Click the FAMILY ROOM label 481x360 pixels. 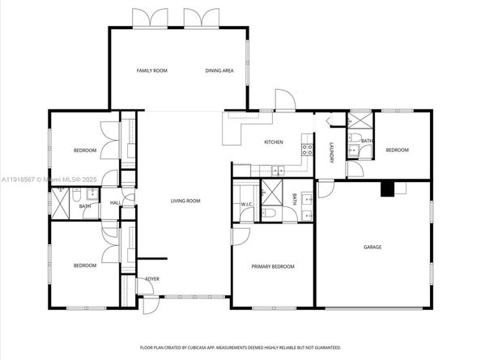(x=151, y=71)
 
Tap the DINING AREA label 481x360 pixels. (x=219, y=71)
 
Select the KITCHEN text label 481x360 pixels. (x=273, y=142)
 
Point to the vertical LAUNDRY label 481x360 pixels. (x=332, y=152)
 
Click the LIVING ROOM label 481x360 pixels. (x=185, y=201)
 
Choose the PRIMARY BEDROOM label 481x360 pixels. (x=272, y=266)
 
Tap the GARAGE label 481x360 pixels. (x=372, y=247)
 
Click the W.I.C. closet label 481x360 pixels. (x=247, y=205)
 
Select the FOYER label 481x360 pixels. (x=151, y=279)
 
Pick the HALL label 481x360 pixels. (x=116, y=203)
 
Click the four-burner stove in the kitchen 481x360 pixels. (x=307, y=150)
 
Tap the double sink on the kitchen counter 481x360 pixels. (x=277, y=170)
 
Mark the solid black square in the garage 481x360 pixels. (x=388, y=189)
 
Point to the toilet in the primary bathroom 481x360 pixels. (x=270, y=214)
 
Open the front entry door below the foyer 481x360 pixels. (x=149, y=306)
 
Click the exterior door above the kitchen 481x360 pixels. (x=285, y=103)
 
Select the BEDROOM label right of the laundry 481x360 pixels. (x=397, y=150)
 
